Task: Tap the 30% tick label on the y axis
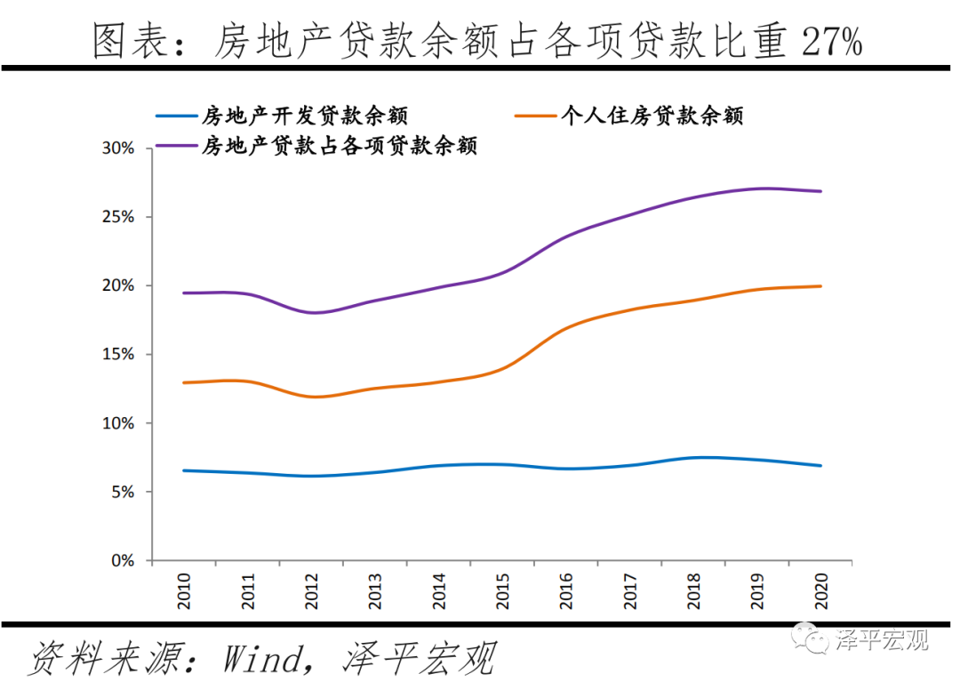point(117,148)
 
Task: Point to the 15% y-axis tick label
point(117,355)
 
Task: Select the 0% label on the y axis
point(122,561)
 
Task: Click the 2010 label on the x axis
point(184,590)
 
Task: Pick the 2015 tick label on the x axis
point(503,590)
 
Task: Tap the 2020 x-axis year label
point(821,590)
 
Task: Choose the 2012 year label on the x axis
point(312,590)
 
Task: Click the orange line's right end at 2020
point(820,286)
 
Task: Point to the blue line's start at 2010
point(185,470)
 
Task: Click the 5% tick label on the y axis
point(122,493)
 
